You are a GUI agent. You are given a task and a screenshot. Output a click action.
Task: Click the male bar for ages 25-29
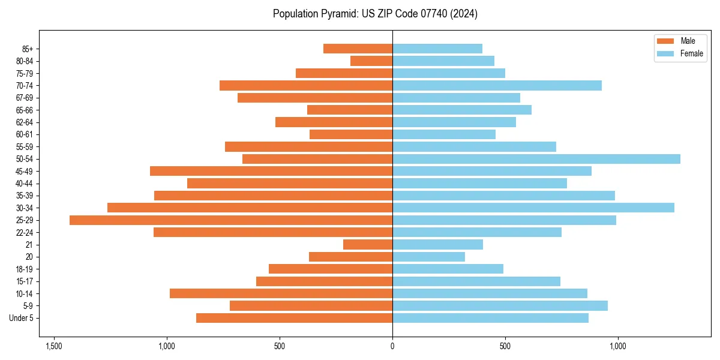click(x=231, y=220)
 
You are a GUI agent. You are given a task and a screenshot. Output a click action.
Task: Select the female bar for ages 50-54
click(x=536, y=159)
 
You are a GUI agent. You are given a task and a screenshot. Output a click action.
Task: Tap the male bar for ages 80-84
click(x=371, y=61)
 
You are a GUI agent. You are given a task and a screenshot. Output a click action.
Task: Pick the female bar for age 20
click(x=428, y=257)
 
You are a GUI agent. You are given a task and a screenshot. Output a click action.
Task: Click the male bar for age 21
click(x=368, y=245)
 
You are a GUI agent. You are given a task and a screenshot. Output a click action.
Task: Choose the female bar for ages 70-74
click(x=497, y=86)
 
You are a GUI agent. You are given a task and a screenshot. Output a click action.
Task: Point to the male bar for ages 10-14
click(x=281, y=293)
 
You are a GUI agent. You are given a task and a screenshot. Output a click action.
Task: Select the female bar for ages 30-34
click(x=533, y=208)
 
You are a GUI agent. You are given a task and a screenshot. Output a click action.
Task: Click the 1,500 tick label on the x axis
click(x=54, y=346)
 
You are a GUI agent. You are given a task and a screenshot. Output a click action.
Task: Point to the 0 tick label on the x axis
click(x=392, y=346)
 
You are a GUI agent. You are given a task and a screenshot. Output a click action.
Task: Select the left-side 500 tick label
click(x=280, y=346)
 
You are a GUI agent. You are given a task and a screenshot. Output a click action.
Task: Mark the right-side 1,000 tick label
click(x=618, y=346)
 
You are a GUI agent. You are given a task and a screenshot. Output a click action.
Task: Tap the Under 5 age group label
click(x=22, y=318)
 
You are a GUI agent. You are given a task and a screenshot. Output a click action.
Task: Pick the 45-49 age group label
click(x=24, y=172)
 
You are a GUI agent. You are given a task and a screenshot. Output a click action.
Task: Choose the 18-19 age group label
click(x=24, y=269)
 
